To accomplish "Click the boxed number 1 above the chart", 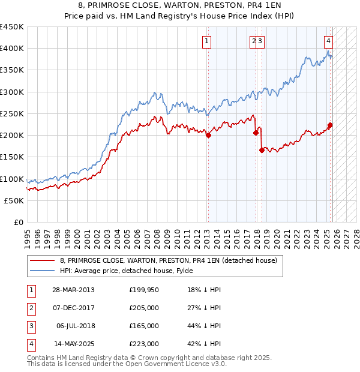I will (206, 41).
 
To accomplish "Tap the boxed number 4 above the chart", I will (329, 41).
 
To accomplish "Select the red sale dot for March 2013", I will (208, 136).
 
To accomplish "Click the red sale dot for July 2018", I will (262, 151).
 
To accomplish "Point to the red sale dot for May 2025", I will (330, 125).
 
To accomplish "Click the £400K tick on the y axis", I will (12, 49).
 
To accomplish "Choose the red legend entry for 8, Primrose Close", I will (168, 260).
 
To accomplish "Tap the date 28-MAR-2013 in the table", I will (73, 290).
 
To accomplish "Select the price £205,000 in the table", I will (143, 308).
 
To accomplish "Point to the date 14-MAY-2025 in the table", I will (73, 344).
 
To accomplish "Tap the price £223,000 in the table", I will (143, 344).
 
